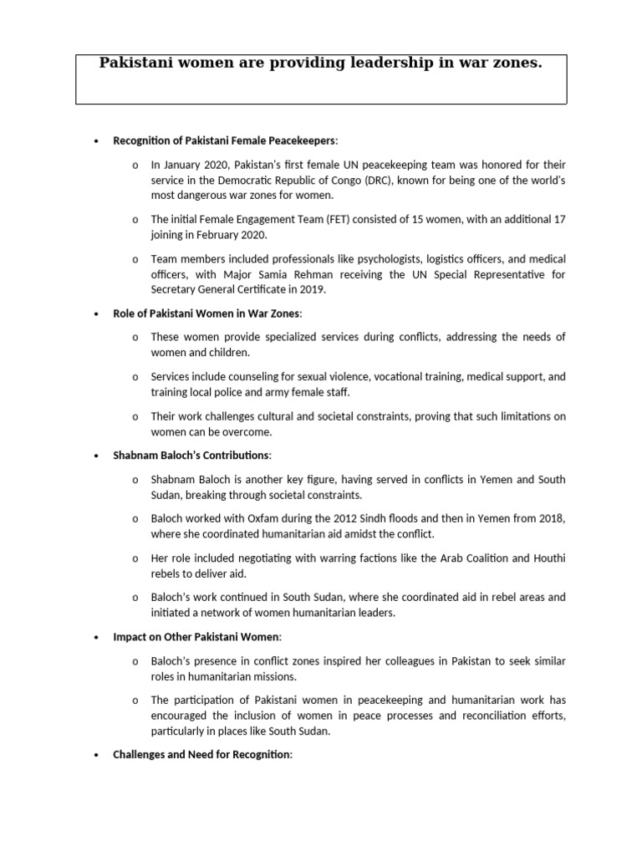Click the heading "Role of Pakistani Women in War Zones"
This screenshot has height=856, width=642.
[206, 313]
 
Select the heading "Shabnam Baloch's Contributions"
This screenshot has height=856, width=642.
[191, 455]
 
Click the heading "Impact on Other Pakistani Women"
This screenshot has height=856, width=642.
[196, 636]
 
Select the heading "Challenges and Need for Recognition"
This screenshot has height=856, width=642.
[201, 754]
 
